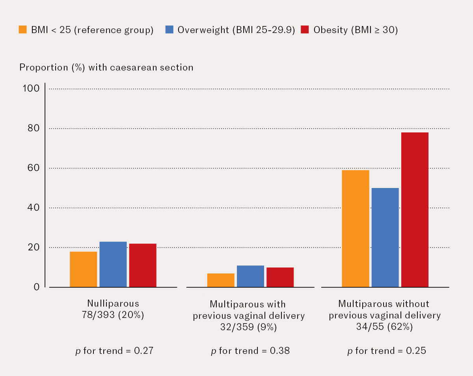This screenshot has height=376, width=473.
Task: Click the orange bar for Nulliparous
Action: pyautogui.click(x=83, y=269)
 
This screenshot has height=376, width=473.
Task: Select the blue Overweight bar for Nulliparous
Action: pyautogui.click(x=113, y=264)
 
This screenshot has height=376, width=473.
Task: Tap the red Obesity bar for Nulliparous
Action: pyautogui.click(x=142, y=265)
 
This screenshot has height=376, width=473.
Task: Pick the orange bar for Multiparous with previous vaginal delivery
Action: pyautogui.click(x=220, y=280)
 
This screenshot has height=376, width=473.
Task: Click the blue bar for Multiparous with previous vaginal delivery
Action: pyautogui.click(x=250, y=276)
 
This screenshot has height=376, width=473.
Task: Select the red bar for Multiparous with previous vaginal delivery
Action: pyautogui.click(x=280, y=277)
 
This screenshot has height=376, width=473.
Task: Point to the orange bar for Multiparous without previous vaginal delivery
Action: pyautogui.click(x=356, y=229)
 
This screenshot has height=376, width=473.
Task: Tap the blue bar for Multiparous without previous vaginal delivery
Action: pyautogui.click(x=385, y=238)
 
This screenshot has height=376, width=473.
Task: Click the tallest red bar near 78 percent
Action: pyautogui.click(x=415, y=210)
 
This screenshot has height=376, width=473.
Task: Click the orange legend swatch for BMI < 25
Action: pyautogui.click(x=23, y=30)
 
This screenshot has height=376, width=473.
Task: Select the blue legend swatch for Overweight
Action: pyautogui.click(x=169, y=30)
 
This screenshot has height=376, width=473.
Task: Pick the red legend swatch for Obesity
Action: pyautogui.click(x=305, y=30)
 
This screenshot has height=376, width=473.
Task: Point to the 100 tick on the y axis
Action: pyautogui.click(x=32, y=88)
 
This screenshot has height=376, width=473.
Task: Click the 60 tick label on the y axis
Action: pyautogui.click(x=34, y=168)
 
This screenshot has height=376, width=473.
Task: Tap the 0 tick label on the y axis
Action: pyautogui.click(x=37, y=287)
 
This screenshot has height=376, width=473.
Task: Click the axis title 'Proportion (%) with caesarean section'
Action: pyautogui.click(x=106, y=67)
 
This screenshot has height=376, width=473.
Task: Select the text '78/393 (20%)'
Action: pyautogui.click(x=113, y=315)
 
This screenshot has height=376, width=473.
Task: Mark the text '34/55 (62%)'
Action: pyautogui.click(x=385, y=327)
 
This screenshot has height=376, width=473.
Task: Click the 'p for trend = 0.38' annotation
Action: pyautogui.click(x=250, y=350)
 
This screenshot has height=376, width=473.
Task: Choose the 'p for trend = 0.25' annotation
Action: pyautogui.click(x=386, y=350)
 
